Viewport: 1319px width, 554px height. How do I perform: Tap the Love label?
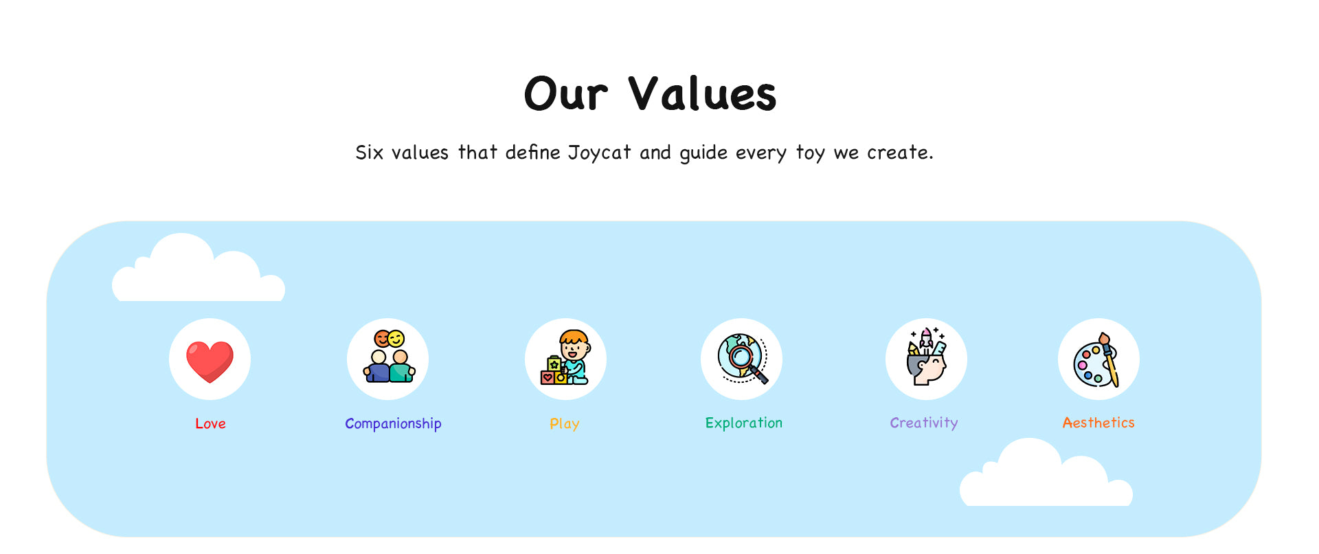tap(210, 423)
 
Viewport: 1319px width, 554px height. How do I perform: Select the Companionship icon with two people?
tap(389, 356)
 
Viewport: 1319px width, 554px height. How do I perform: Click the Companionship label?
tap(393, 424)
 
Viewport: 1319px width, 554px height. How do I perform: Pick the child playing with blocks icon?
tap(565, 357)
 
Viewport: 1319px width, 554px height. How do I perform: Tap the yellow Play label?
tap(565, 424)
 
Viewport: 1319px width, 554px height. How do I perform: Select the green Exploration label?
tap(744, 423)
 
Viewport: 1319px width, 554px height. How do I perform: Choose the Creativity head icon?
tap(926, 356)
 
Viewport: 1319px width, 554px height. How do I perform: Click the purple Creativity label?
tap(924, 423)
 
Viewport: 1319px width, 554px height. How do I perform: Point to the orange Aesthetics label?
tap(1098, 423)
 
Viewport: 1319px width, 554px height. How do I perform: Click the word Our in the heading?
tap(566, 93)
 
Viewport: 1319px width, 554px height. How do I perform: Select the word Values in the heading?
tap(702, 93)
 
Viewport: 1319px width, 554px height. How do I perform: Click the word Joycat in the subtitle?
tap(599, 153)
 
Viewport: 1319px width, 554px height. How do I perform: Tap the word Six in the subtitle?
tap(369, 152)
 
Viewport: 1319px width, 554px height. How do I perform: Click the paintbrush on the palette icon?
tap(1109, 360)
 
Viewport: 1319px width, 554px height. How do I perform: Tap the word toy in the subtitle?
tap(811, 153)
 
